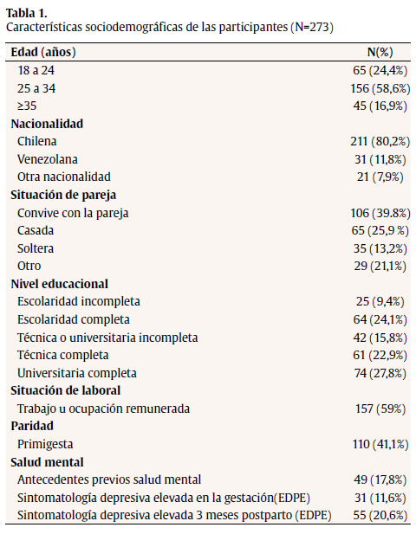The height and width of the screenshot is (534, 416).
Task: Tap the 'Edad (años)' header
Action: click(x=42, y=53)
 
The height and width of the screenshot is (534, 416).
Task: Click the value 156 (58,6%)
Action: click(x=374, y=88)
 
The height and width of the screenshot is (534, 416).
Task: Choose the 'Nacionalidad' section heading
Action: click(x=47, y=124)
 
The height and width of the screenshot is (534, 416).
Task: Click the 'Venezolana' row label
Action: click(x=47, y=159)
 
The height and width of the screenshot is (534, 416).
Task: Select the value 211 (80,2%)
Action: click(x=374, y=141)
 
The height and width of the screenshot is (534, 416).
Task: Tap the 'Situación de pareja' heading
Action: click(x=63, y=195)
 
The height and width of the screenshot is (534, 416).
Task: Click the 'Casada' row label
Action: click(x=36, y=230)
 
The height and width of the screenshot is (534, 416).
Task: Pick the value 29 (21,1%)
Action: click(x=378, y=266)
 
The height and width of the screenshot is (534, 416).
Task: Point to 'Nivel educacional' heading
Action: click(x=59, y=284)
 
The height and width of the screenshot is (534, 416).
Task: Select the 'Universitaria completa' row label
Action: click(x=76, y=373)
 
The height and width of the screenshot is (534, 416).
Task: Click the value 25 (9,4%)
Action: click(x=380, y=301)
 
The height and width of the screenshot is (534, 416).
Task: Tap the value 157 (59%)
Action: click(x=380, y=409)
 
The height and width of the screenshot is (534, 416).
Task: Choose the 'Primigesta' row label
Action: click(x=46, y=444)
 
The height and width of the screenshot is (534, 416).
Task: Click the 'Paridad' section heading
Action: click(x=33, y=426)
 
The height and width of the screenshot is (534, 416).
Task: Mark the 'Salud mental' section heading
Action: click(x=47, y=462)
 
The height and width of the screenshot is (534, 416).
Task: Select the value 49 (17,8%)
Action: click(x=378, y=479)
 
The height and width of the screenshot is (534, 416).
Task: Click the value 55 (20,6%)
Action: click(x=378, y=515)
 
